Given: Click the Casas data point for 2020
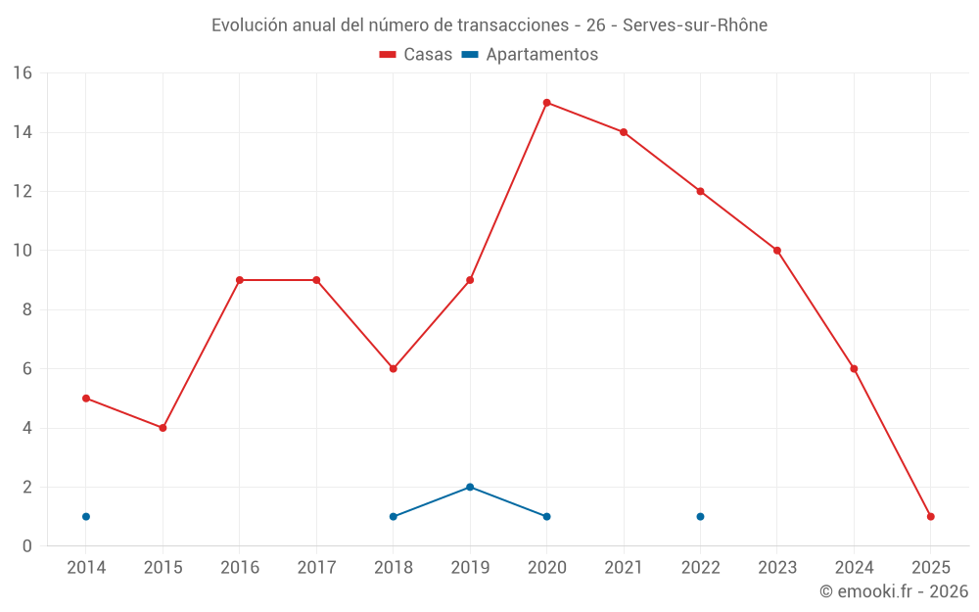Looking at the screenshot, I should tap(546, 103).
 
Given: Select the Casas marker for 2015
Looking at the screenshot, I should tap(163, 428).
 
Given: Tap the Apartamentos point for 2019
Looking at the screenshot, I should tap(470, 487).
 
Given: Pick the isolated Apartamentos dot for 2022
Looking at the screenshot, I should tap(700, 516).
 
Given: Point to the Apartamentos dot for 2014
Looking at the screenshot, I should tap(86, 516).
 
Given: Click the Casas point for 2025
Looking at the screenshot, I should tap(930, 516).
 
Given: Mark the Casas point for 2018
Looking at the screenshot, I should tap(393, 369).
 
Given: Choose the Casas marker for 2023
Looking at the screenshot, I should tap(776, 251).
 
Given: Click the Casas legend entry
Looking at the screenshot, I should tap(416, 55).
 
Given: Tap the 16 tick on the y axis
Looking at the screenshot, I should tap(23, 73).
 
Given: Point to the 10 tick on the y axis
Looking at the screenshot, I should tap(23, 251).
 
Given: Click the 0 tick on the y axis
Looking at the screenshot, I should tap(27, 546).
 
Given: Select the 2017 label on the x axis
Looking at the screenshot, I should tap(316, 568).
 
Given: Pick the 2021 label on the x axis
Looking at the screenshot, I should tap(624, 568).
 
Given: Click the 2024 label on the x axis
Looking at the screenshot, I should tap(854, 568).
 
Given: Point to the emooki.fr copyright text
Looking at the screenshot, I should tap(893, 591).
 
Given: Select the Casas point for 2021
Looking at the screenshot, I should tap(624, 132).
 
